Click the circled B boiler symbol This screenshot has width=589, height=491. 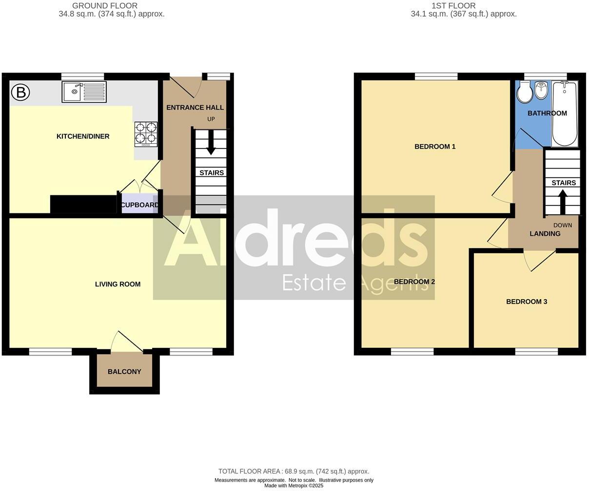pyautogui.click(x=20, y=92)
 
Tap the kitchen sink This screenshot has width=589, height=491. pyautogui.click(x=84, y=92)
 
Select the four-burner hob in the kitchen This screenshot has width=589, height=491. pyautogui.click(x=146, y=134)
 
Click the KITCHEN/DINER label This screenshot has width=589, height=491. pyautogui.click(x=83, y=136)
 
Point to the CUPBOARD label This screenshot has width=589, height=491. pyautogui.click(x=139, y=205)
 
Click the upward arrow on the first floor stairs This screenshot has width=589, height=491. pyautogui.click(x=562, y=201)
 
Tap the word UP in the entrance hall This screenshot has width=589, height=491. pyautogui.click(x=211, y=119)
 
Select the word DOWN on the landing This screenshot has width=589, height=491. pyautogui.click(x=563, y=225)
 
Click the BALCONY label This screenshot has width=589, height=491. pyautogui.click(x=124, y=372)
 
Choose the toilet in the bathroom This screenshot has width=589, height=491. pyautogui.click(x=525, y=93)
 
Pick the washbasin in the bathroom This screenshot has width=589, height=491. pyautogui.click(x=541, y=91)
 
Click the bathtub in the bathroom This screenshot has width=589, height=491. pyautogui.click(x=565, y=113)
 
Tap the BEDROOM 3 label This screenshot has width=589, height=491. pyautogui.click(x=527, y=302)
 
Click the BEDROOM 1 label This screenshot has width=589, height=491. pyautogui.click(x=435, y=147)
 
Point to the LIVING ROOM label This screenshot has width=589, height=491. pyautogui.click(x=118, y=284)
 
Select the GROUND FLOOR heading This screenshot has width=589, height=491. pyautogui.click(x=105, y=6)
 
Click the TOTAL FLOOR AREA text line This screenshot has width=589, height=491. pyautogui.click(x=294, y=471)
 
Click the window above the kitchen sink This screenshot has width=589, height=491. pyautogui.click(x=83, y=76)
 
